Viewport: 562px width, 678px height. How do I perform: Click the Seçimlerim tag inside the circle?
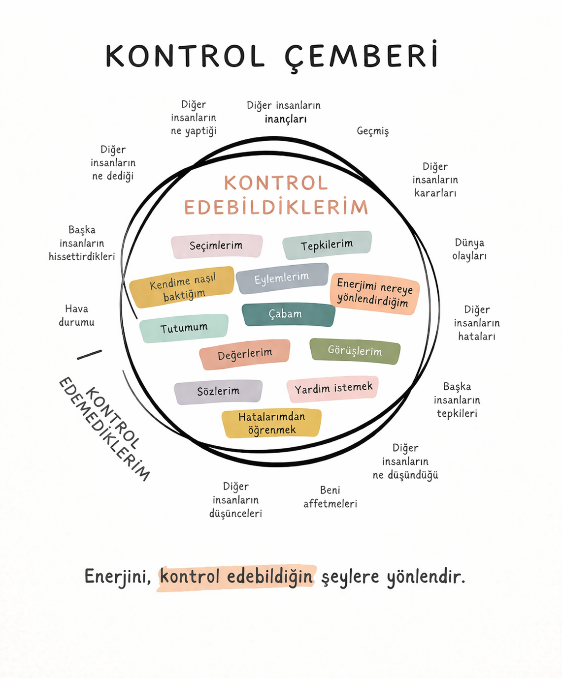click(216, 246)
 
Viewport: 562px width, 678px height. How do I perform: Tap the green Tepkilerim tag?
click(327, 245)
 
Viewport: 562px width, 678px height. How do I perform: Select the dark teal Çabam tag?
click(288, 314)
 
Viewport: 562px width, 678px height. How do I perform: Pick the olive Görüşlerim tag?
click(355, 351)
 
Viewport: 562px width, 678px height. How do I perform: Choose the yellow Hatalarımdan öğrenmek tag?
click(271, 423)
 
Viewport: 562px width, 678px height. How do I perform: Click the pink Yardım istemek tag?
click(333, 389)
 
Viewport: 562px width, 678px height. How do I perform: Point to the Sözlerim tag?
click(218, 392)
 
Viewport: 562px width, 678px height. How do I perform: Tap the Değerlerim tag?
click(245, 354)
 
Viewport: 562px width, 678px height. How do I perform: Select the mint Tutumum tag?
click(184, 328)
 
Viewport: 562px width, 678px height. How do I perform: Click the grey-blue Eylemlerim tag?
click(282, 278)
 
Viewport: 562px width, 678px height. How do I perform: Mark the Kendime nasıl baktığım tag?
click(182, 288)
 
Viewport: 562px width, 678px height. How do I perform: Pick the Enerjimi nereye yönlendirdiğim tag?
click(374, 293)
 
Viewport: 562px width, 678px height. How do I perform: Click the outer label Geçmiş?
click(373, 131)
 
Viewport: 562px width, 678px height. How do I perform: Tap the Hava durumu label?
click(76, 315)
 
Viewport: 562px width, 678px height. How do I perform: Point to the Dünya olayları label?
click(469, 249)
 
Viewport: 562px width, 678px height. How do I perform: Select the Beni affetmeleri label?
click(330, 497)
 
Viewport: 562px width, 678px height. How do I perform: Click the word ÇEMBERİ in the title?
click(361, 57)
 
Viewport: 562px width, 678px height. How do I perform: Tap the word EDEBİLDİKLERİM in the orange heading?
click(276, 208)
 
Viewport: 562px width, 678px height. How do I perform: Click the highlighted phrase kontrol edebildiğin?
click(236, 577)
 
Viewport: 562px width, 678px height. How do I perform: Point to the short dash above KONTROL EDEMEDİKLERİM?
click(89, 355)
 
